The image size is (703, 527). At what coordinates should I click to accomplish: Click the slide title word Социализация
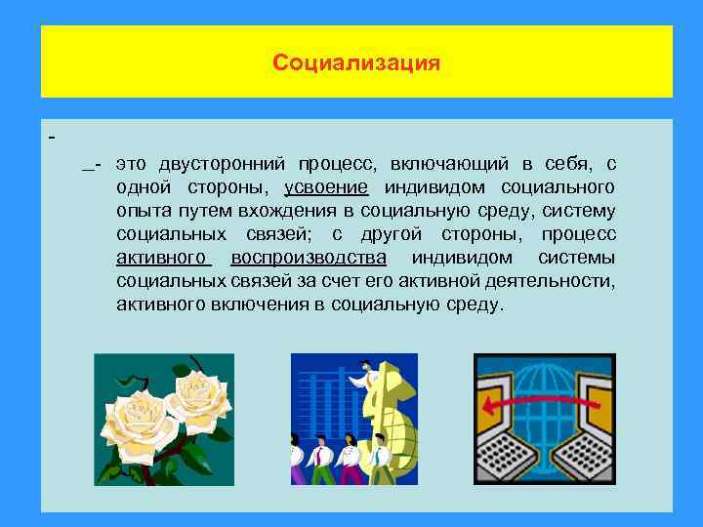356,63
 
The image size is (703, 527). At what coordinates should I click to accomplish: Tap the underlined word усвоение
326,186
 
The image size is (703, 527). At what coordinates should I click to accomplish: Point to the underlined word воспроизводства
309,258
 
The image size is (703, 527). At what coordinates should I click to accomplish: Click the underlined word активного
162,258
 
